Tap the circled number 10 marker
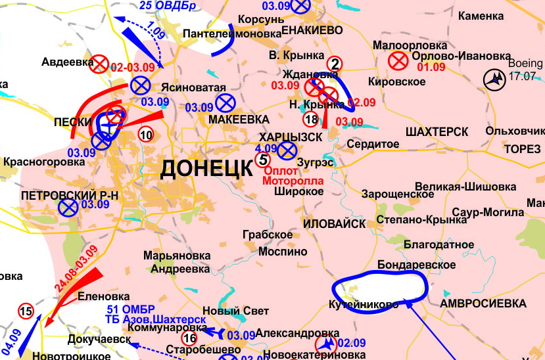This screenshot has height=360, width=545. coord(146,135)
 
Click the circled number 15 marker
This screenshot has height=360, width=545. coord(26,311)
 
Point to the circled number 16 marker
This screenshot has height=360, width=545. coord(189,339)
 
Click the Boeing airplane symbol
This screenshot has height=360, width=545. coord(494,79)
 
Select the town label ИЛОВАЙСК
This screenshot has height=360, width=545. coord(334,223)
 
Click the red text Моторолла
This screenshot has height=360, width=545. coord(293,179)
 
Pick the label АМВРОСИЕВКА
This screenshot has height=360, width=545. coord(483,304)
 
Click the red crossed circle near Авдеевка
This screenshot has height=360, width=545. coord(99,64)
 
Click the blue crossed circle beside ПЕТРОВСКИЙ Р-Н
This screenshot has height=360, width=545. coord(66,208)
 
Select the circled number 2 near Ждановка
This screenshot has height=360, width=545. coord(335,64)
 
